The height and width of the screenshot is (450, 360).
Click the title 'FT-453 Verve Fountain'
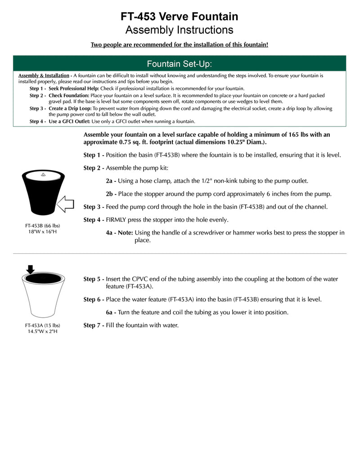pos(179,17)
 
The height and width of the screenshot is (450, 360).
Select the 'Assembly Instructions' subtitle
pos(179,30)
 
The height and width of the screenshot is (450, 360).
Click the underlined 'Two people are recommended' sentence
pos(179,45)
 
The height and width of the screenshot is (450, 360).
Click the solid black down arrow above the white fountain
pos(30,270)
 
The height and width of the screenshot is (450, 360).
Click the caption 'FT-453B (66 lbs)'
pos(42,225)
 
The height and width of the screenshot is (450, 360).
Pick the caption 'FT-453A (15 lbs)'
pos(42,325)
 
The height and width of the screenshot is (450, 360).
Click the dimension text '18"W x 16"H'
pos(42,232)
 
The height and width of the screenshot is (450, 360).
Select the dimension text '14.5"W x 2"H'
pos(42,332)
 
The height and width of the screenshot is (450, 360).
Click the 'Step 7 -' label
pos(94,325)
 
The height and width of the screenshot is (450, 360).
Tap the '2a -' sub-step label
pos(111,181)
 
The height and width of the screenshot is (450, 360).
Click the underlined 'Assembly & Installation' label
pos(44,76)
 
